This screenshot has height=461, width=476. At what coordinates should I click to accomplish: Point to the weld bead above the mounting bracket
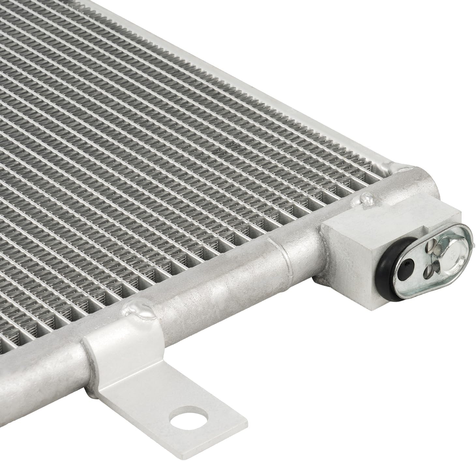tap(139, 310)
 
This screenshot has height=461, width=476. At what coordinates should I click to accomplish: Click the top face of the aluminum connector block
tap(385, 217)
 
